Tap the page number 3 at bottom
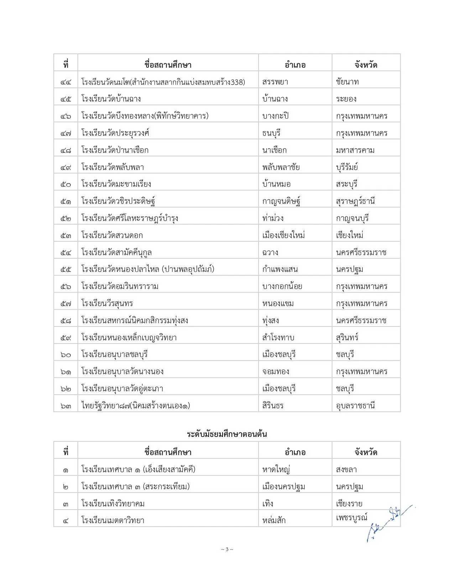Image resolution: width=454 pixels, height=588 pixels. tap(227, 549)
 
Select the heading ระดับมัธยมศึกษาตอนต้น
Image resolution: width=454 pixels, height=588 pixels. tap(227, 434)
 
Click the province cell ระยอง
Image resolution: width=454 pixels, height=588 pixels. tap(346, 99)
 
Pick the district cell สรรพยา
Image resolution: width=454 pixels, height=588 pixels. tap(275, 82)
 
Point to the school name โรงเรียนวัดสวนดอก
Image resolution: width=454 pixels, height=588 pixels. tap(112, 235)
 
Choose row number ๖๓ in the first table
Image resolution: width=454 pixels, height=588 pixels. tap(66, 406)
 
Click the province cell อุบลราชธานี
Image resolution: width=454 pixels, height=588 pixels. tap(355, 406)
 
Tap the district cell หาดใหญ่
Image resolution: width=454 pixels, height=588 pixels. tap(276, 469)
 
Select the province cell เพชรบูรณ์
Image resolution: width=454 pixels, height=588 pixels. tap(352, 517)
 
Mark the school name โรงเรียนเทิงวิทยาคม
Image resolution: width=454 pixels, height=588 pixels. tap(113, 504)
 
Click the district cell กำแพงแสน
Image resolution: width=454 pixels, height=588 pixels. tap(280, 269)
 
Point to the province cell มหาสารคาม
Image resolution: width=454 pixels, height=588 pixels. tap(355, 150)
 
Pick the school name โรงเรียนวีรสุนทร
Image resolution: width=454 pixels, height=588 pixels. tap(107, 303)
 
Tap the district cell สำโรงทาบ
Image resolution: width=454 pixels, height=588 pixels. tap(278, 337)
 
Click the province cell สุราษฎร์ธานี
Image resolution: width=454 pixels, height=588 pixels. tap(355, 201)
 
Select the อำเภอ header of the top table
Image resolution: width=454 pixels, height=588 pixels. tap(295, 65)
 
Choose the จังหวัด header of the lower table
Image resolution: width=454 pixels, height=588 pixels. tap(366, 452)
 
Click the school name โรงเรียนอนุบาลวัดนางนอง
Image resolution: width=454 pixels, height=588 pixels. tap(122, 371)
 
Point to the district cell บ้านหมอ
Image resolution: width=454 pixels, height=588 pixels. tap(276, 184)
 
